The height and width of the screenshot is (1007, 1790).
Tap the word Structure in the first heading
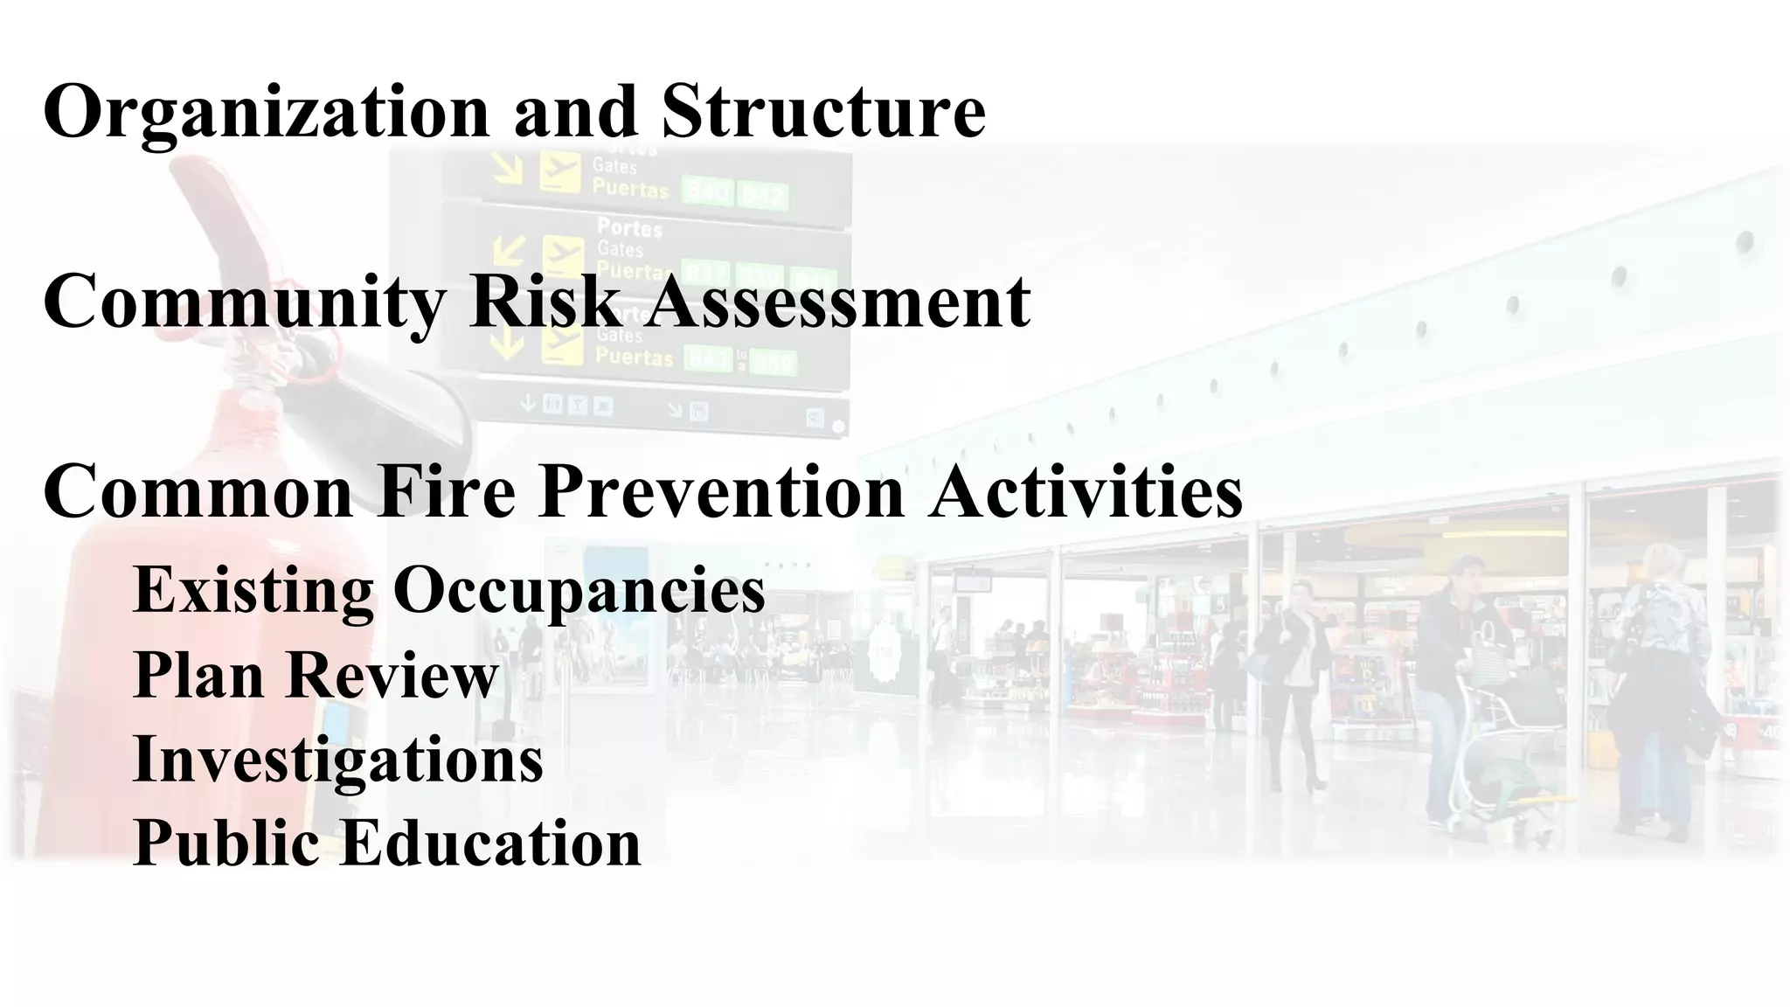(x=823, y=112)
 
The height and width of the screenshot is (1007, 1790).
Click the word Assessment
(x=839, y=302)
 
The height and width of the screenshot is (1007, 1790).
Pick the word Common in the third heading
(x=198, y=492)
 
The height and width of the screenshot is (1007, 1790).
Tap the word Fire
(x=447, y=492)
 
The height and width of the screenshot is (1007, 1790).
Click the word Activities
(x=1086, y=492)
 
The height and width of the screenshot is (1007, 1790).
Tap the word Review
(x=392, y=675)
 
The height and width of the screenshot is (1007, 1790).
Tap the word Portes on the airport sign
(x=629, y=229)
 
